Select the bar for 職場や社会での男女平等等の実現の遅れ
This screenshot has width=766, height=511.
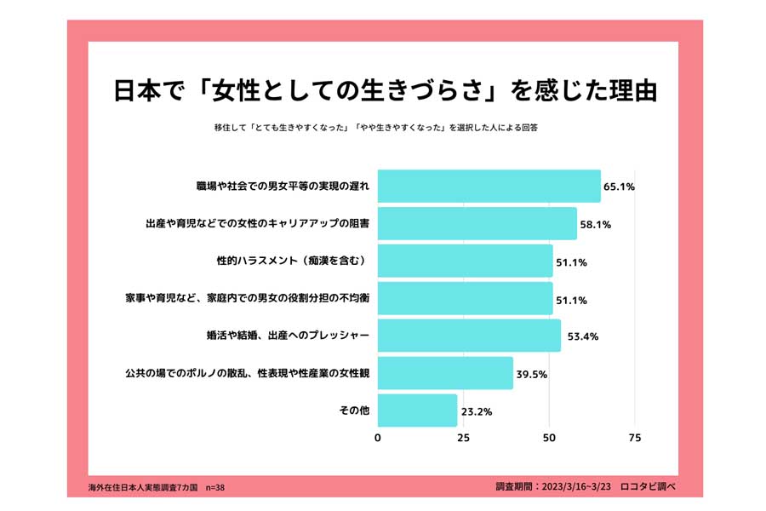click(x=489, y=186)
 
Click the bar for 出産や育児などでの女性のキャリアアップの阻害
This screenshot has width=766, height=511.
click(x=477, y=223)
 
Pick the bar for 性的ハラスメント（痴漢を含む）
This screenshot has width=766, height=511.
click(x=465, y=261)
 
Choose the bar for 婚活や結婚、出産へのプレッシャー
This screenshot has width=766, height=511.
click(x=469, y=336)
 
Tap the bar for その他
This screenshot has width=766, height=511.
click(x=417, y=410)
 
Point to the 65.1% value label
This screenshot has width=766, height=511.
click(x=619, y=187)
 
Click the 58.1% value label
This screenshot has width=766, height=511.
click(x=595, y=225)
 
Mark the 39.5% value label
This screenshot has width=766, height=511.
click(x=534, y=374)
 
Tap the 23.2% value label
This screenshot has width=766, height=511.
click(x=477, y=411)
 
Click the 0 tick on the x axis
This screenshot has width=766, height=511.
click(x=378, y=438)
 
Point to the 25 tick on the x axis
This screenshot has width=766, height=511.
click(x=464, y=438)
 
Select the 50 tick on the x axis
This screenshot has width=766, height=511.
click(x=549, y=438)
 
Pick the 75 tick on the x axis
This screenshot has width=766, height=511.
click(x=634, y=438)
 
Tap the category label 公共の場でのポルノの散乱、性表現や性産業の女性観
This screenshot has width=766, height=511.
click(x=247, y=372)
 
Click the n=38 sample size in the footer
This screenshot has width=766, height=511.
click(x=215, y=488)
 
